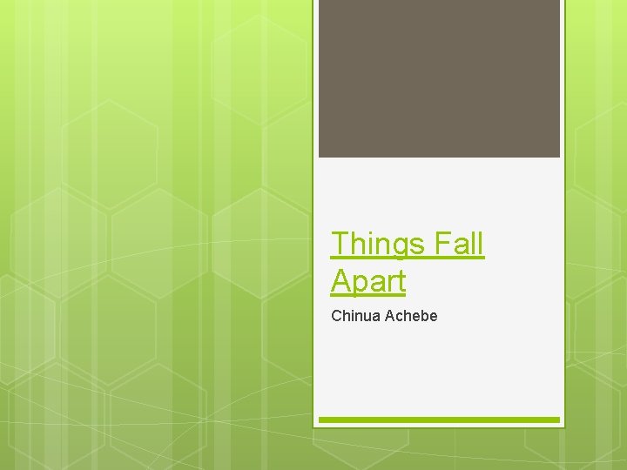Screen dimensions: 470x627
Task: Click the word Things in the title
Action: pos(376,245)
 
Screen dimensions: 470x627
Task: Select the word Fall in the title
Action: pos(456,245)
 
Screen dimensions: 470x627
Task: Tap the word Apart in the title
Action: pos(368,281)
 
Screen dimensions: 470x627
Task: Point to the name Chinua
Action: pos(354,315)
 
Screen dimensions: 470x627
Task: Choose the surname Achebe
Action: pos(409,315)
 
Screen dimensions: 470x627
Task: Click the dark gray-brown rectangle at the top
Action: pos(439,78)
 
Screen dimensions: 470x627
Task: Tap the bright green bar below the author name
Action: pos(439,420)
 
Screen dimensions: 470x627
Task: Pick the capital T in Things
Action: pos(340,245)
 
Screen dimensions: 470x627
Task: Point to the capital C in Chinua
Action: pos(336,315)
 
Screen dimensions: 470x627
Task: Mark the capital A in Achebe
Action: pos(387,315)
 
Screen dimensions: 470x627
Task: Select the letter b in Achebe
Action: pos(422,315)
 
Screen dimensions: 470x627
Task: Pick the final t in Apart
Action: pos(401,281)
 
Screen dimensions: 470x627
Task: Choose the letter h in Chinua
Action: pos(346,315)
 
